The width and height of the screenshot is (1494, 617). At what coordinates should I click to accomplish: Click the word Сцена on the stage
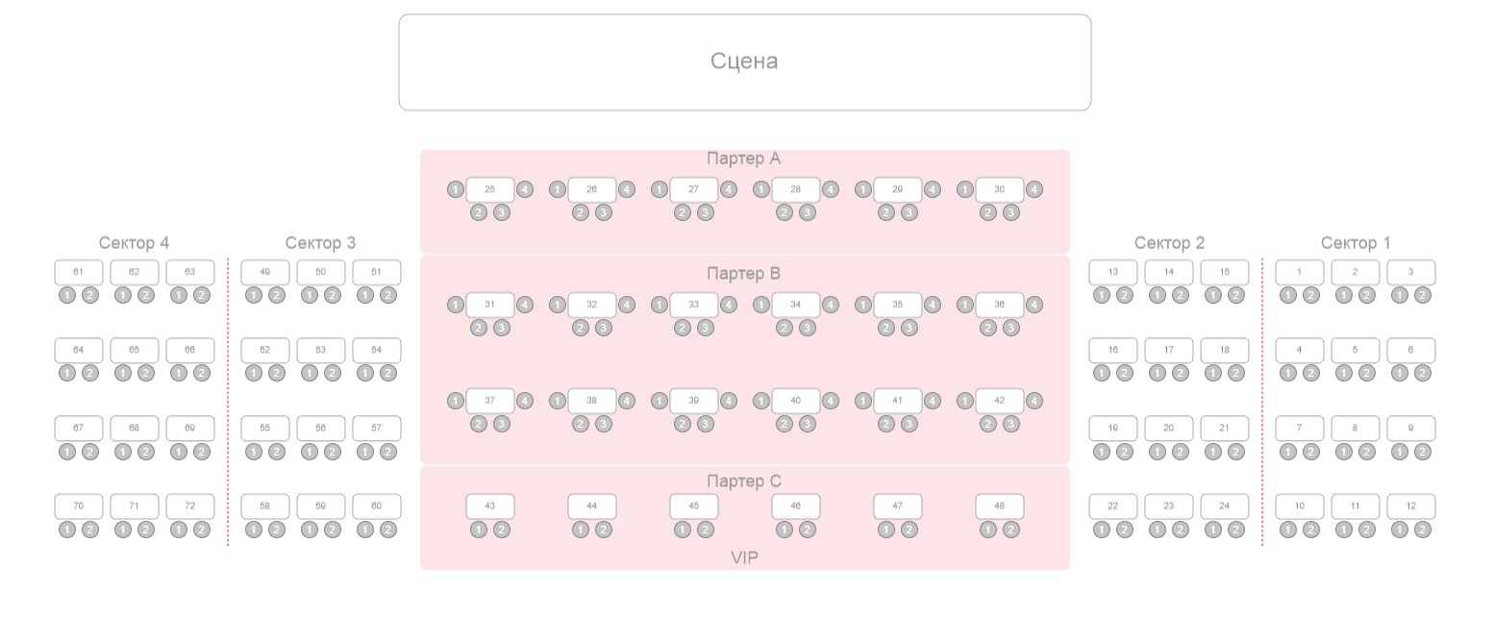pos(744,62)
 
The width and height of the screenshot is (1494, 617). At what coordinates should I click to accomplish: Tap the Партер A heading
pos(744,159)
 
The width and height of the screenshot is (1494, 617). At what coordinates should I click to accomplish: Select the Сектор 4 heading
pos(134,243)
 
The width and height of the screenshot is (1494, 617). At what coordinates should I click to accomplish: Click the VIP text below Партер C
pos(744,557)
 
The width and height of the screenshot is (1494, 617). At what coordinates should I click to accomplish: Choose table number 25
pos(490,189)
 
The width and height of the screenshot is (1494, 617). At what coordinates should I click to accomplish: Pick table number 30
pos(1000,189)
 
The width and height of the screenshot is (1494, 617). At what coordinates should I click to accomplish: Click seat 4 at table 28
pos(831,189)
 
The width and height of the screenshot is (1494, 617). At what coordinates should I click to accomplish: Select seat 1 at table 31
pos(456,305)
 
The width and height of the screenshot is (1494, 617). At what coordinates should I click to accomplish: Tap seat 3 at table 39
pos(706,424)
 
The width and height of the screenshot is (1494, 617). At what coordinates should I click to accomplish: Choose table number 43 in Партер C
pos(490,506)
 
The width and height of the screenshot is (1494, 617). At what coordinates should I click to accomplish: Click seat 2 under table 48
pos(1011,530)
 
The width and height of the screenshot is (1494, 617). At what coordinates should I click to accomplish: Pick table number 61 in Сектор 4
pos(79,272)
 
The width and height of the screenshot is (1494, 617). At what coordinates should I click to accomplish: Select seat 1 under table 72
pos(179,530)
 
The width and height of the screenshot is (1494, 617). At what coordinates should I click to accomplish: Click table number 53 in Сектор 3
pos(321,350)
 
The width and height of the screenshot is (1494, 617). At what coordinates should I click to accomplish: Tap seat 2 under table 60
pos(388,530)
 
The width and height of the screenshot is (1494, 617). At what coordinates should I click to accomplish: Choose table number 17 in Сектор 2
pos(1169,350)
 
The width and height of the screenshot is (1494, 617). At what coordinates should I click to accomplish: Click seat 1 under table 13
pos(1102,295)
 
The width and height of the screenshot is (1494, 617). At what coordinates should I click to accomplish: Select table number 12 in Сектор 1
pos(1411,506)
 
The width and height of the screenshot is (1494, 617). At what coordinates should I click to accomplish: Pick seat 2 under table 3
pos(1423,295)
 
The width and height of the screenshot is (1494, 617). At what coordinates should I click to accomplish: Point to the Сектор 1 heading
pos(1355,243)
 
